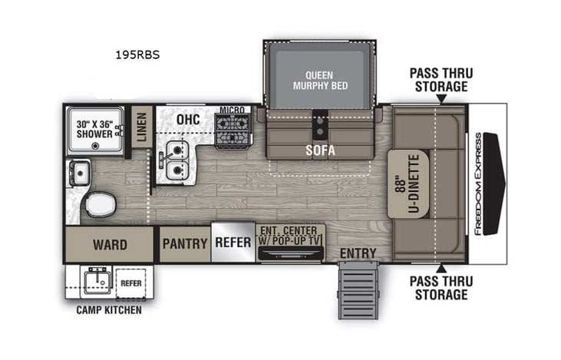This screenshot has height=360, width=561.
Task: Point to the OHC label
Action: click(187, 121)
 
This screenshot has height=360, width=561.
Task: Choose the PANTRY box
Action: click(184, 245)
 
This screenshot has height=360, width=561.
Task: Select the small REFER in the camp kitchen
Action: click(131, 282)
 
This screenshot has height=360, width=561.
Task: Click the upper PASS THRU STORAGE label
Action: click(441, 80)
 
